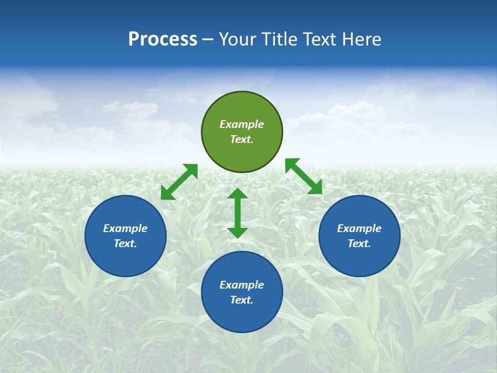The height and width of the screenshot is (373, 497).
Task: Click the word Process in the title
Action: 163,39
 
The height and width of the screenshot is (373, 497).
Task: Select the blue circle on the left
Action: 125,259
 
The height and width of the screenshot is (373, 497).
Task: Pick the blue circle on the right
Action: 359,259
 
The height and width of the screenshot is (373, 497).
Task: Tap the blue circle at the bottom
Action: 242,316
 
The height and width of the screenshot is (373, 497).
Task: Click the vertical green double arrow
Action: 238,213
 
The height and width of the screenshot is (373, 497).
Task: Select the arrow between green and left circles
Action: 179,182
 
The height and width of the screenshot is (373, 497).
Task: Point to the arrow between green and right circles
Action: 304,176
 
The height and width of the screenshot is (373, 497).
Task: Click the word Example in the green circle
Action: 242,124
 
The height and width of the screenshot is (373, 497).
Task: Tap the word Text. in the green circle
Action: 242,139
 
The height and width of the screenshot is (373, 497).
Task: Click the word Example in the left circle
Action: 125,228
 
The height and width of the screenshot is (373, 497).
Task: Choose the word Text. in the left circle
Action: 125,243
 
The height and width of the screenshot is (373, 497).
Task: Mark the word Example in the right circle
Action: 359,228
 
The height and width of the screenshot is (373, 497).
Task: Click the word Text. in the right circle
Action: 359,243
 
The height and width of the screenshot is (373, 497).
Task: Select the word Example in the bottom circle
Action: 242,285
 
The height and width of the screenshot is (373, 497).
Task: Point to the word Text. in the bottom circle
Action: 242,300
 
